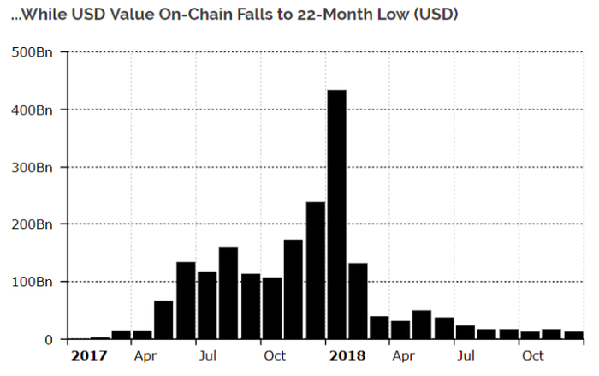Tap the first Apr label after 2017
144,355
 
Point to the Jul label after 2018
466,355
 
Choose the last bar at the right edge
573,335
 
